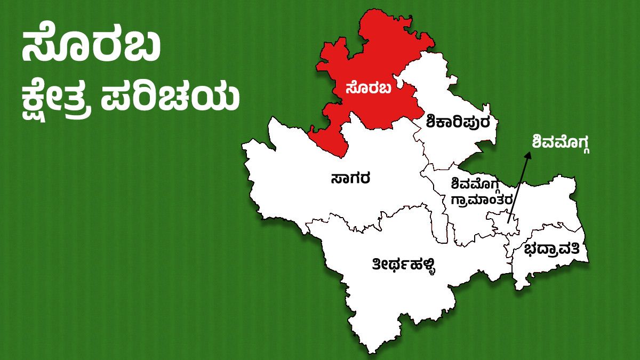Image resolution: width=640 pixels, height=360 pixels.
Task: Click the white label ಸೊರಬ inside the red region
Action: (368, 88)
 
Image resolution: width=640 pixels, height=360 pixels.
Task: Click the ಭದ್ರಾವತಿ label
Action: (555, 250)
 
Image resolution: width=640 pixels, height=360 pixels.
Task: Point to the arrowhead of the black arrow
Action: (530, 155)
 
